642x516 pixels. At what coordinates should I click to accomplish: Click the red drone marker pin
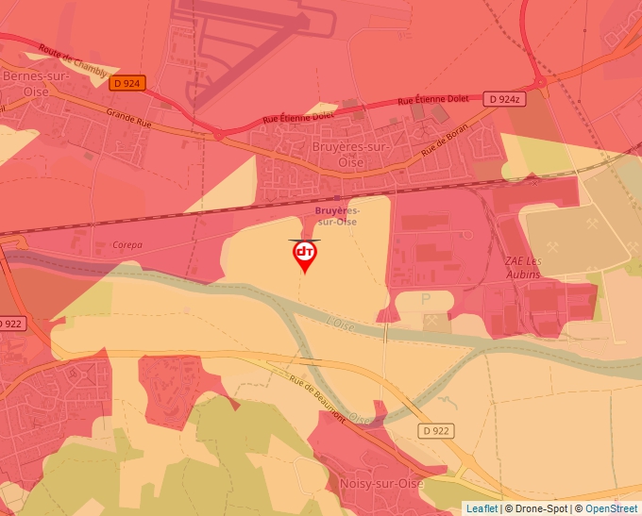(x=304, y=255)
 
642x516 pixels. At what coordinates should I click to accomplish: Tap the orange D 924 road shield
(x=126, y=83)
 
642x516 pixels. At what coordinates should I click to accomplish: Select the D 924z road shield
(x=505, y=99)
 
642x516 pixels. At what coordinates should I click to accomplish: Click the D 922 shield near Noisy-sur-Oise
(x=436, y=430)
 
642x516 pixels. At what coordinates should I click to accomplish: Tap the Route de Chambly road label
(x=75, y=63)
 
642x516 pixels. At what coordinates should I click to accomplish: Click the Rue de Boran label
(x=445, y=144)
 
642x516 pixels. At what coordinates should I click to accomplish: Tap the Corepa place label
(x=127, y=245)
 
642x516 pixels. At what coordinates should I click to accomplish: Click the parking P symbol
(x=425, y=298)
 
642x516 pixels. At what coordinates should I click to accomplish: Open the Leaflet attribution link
(x=481, y=508)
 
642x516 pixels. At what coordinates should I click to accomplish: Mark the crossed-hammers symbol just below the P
(x=432, y=321)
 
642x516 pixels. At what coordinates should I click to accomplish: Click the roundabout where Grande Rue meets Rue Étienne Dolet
(x=219, y=135)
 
